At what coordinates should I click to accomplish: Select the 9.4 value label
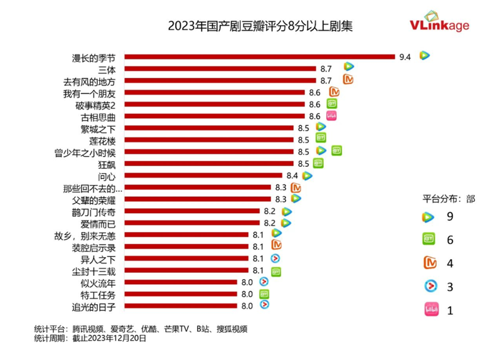(404, 57)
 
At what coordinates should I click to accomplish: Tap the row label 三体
(114, 69)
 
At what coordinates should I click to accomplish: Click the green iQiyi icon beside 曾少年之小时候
(337, 151)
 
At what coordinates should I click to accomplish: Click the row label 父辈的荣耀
(94, 199)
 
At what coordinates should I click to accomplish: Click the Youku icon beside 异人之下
(275, 258)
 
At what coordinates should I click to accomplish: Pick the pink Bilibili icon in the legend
(430, 309)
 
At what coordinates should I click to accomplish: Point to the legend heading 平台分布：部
(447, 199)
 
